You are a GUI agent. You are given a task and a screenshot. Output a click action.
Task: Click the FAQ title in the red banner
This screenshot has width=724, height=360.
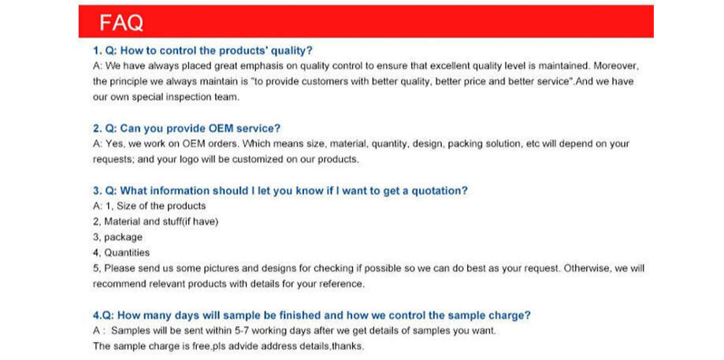tap(121, 22)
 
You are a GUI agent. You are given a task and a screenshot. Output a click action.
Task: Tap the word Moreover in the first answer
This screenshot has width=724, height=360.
tap(616, 66)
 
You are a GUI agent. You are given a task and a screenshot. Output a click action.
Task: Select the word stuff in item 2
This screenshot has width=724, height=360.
tap(170, 221)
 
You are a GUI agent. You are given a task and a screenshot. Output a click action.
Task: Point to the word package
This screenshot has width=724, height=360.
tap(123, 238)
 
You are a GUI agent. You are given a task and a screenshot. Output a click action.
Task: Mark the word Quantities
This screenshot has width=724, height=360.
tap(127, 253)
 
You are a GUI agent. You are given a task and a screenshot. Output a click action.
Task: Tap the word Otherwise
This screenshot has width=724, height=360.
tap(585, 268)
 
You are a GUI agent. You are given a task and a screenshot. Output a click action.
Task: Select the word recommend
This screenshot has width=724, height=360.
tap(119, 284)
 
